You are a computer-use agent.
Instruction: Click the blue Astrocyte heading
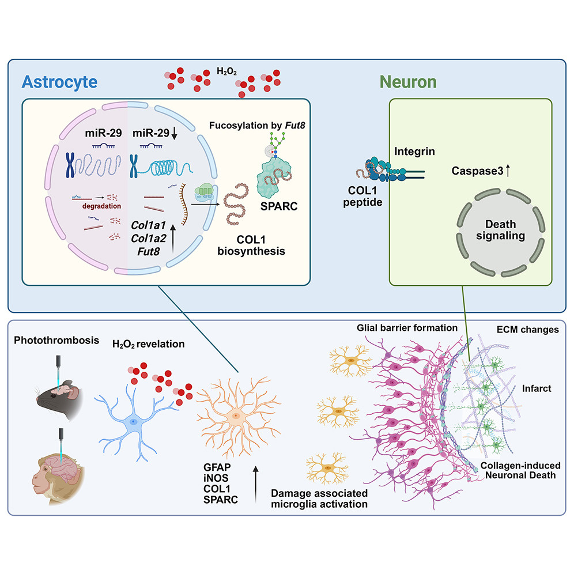coord(60,82)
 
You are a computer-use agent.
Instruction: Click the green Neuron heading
coord(408,82)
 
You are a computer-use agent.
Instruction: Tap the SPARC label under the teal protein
coord(279,206)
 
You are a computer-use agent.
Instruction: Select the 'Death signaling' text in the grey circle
coord(500,229)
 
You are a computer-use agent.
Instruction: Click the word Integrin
coord(414,151)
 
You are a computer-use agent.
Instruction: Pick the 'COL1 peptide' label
coord(362,196)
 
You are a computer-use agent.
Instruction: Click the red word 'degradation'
coord(101,206)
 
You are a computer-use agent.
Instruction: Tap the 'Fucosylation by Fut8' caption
coord(257,126)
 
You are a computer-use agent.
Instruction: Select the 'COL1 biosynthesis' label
coord(251,246)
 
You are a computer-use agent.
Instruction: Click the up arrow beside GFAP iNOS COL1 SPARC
coord(255,484)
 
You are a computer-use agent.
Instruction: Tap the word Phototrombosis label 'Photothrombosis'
coord(56,340)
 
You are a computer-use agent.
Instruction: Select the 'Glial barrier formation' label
coord(407,328)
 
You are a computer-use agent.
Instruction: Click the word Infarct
coord(537,388)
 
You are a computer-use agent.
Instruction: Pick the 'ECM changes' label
coord(527,330)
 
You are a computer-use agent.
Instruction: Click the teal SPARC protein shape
coord(274,177)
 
